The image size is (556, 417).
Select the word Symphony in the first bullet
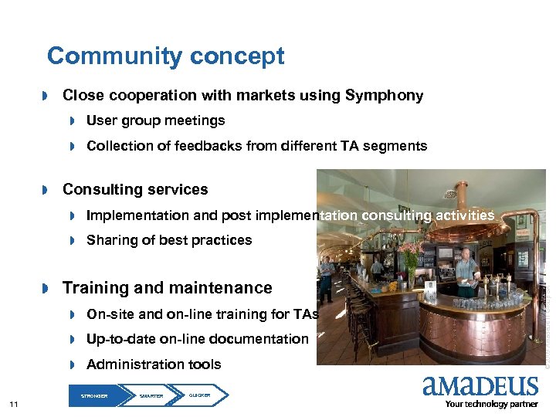(384, 96)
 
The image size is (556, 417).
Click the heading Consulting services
(135, 189)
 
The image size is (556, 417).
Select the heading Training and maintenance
(167, 288)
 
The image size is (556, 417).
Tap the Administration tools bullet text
(154, 364)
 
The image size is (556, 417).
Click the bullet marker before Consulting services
(46, 190)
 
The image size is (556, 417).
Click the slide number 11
(13, 405)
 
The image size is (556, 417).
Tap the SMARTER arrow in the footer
(152, 395)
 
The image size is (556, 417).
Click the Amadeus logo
(480, 386)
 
